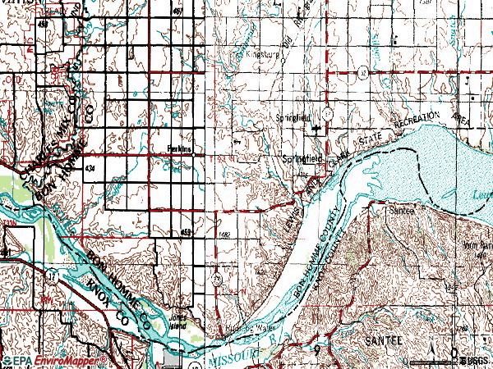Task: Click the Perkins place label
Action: tap(168, 149)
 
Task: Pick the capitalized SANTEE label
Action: tap(380, 337)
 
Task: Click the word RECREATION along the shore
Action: tap(417, 121)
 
